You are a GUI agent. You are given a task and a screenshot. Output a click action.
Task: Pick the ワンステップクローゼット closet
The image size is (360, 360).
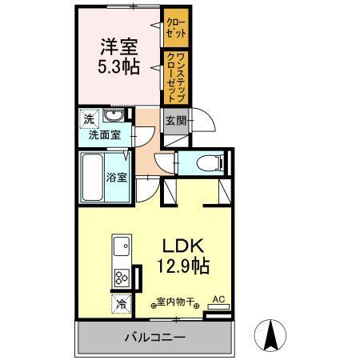coord(175,77)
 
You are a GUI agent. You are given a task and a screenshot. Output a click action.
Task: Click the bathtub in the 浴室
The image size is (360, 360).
coord(93,177)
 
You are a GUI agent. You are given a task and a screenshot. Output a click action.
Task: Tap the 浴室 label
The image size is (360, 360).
coord(117,177)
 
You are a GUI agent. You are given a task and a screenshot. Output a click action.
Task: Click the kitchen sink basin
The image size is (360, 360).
coord(122,245)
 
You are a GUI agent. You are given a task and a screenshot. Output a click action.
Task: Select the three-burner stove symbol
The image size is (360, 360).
coord(122,278)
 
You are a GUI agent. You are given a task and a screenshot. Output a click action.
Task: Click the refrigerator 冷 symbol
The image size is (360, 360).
coord(120,305)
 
